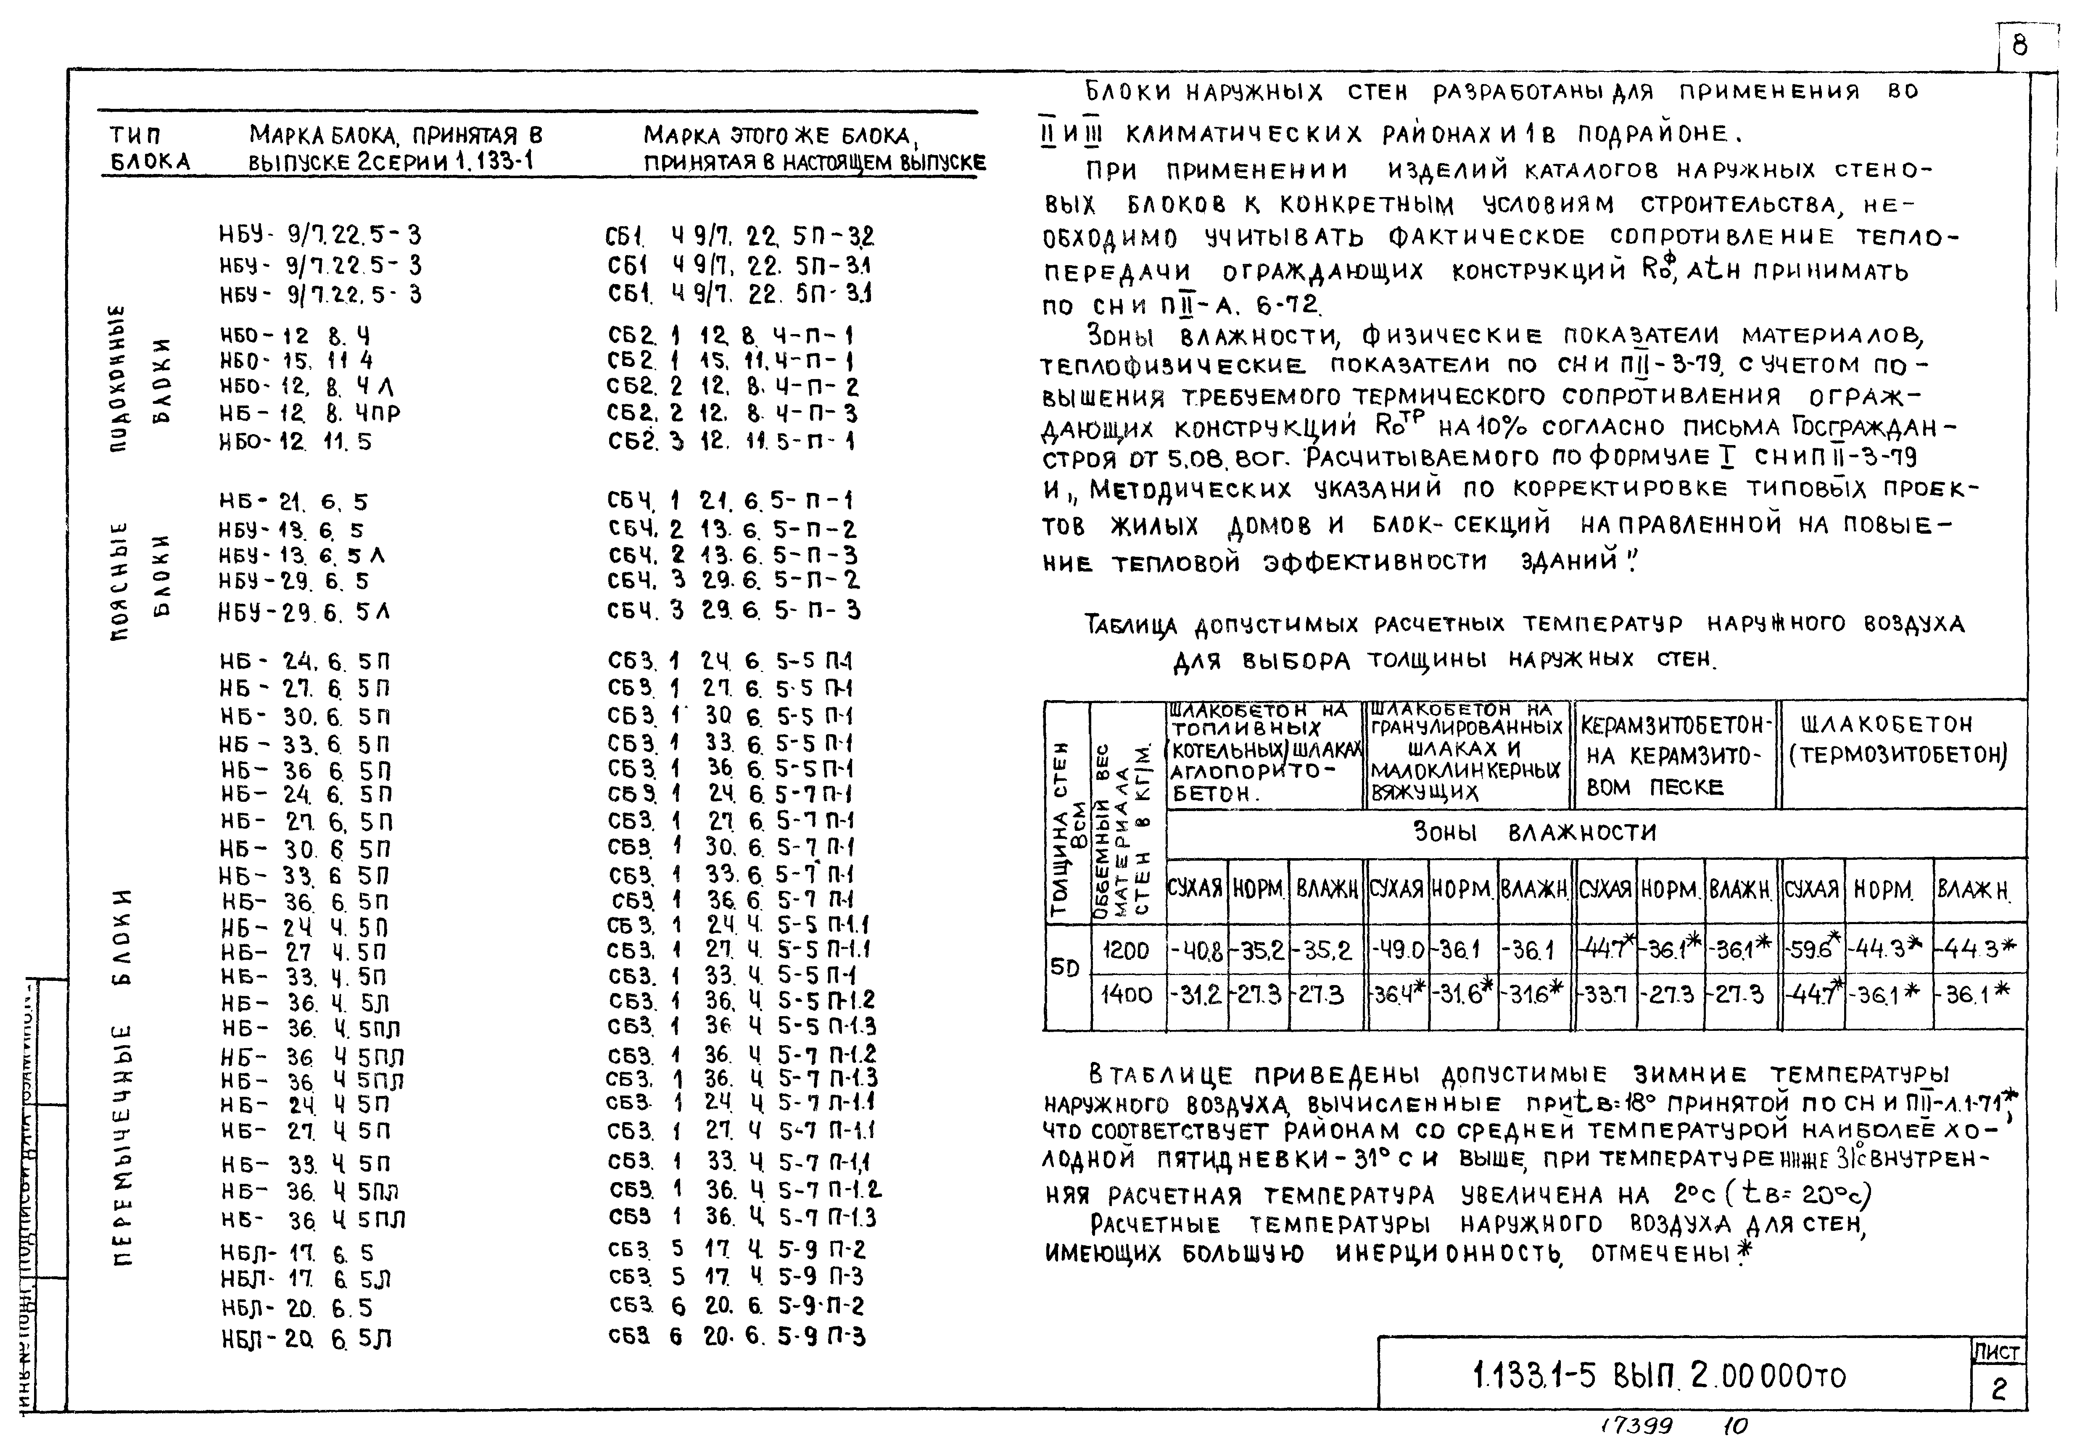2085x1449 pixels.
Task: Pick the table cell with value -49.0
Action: coord(1398,951)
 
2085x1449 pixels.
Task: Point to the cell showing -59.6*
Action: coord(1813,951)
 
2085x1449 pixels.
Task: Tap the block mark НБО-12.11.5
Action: coord(295,442)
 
